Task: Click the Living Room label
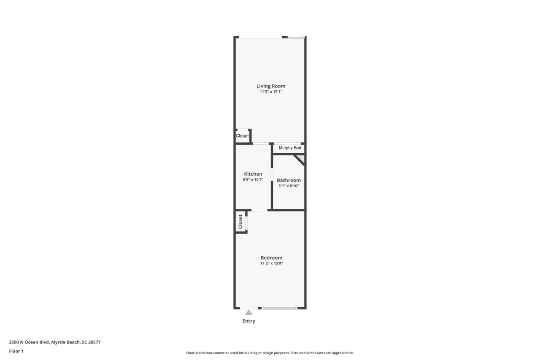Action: pos(271,86)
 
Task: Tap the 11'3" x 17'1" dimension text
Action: pos(271,92)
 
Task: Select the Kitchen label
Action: pos(253,174)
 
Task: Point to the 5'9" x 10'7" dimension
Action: pos(253,179)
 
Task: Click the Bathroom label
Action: pos(289,180)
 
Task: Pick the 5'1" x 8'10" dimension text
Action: pos(289,186)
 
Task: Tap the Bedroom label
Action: pos(271,258)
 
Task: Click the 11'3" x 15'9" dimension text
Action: pos(271,263)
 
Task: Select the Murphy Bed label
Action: pos(290,148)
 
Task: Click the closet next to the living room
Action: pos(242,136)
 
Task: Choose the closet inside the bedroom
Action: pos(240,222)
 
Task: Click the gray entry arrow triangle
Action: pos(249,313)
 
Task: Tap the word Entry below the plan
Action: pos(249,321)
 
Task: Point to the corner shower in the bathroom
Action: pos(301,159)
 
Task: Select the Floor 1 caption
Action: pos(16,351)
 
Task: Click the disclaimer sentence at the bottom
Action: pos(270,353)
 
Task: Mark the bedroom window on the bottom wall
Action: pos(279,308)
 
